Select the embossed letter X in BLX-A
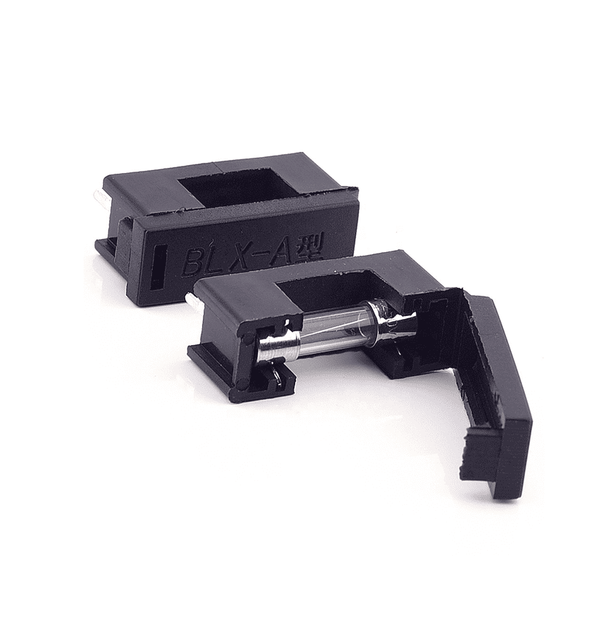pyautogui.click(x=247, y=254)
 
